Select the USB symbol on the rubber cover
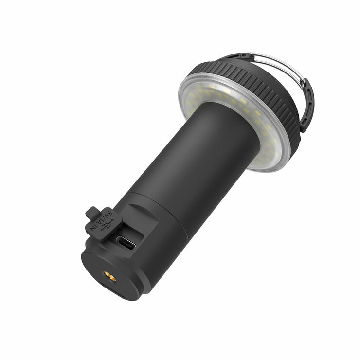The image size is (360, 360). (105, 223)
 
